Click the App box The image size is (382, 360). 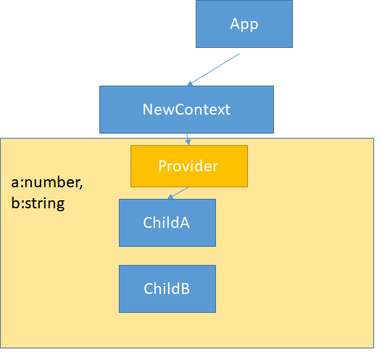coord(244,24)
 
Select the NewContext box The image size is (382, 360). coord(186,110)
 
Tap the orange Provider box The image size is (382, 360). coord(189,166)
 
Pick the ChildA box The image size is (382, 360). coord(167,223)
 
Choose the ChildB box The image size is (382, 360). coord(167,289)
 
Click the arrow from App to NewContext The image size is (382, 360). coord(213,70)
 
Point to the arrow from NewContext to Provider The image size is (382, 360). coord(188,139)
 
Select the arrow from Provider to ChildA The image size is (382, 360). coord(178,193)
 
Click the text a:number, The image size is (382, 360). coord(47,183)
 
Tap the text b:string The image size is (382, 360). coord(38,203)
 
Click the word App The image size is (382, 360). coord(244,25)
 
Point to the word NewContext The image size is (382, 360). coord(186,110)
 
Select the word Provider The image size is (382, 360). coord(188,166)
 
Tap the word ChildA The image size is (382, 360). coord(167,223)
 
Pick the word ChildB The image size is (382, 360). coord(167,289)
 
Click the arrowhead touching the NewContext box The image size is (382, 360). coord(190,84)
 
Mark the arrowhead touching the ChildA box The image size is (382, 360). coord(170,197)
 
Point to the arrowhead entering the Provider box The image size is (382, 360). coord(188,143)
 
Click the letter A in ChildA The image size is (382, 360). coord(184,223)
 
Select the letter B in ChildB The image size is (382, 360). coord(185,289)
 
